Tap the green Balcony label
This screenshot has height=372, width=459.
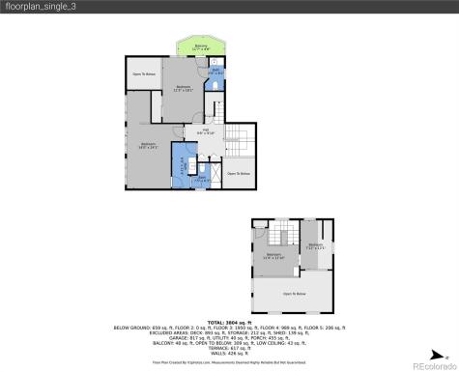coord(200,47)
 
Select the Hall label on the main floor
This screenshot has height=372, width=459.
coord(206,132)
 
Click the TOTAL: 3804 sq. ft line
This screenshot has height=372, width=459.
coord(229,322)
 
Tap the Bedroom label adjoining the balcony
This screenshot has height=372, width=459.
coord(183,88)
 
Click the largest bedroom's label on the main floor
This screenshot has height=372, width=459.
coord(148,146)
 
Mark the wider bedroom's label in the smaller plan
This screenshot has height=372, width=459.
coord(274,256)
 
